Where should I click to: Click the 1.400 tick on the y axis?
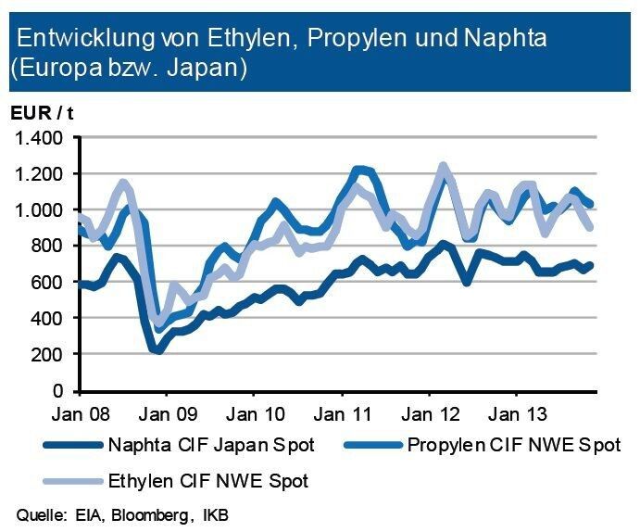point(38,138)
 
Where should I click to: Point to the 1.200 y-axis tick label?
point(38,174)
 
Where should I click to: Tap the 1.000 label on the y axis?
point(38,210)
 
